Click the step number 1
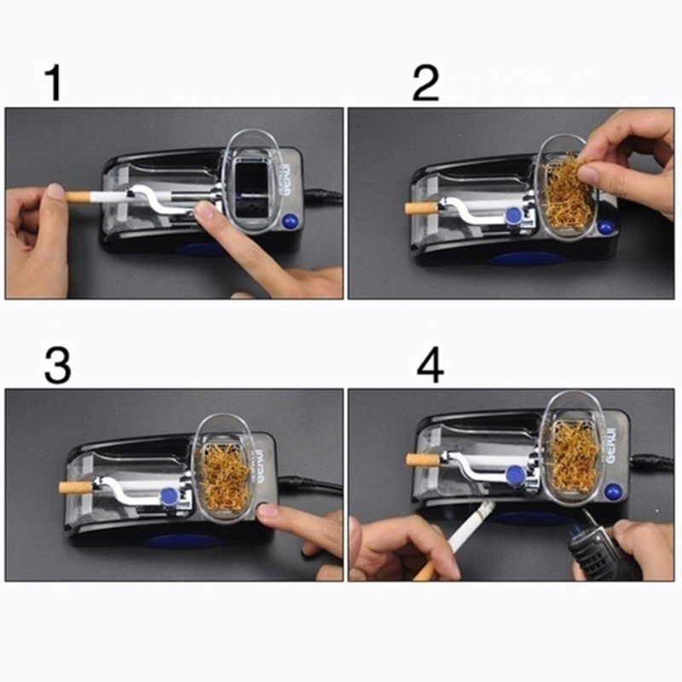tap(55, 83)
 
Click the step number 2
tap(425, 83)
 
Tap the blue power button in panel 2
tap(604, 227)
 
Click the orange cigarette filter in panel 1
tap(78, 197)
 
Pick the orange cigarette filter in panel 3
tap(76, 487)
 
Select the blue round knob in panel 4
tap(516, 474)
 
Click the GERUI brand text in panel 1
tap(287, 179)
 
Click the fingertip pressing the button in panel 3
tap(266, 511)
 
